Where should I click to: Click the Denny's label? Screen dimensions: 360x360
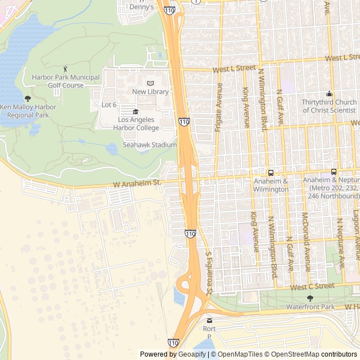click(141, 7)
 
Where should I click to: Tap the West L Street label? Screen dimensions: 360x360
click(233, 68)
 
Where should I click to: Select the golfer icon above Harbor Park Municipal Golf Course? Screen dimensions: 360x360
click(66, 69)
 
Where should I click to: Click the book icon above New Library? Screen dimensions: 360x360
click(150, 83)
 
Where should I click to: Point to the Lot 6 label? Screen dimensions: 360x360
click(109, 105)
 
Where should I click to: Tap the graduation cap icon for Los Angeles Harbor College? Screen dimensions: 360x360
click(136, 111)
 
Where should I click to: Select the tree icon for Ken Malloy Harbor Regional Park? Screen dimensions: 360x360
click(28, 98)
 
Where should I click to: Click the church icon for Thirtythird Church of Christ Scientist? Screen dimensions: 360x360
click(329, 93)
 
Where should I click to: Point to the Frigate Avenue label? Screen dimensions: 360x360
click(218, 107)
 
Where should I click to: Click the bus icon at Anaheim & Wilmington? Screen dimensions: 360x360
click(271, 173)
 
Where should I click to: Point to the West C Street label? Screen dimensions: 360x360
click(313, 287)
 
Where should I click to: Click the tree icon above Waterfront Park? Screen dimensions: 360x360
click(310, 298)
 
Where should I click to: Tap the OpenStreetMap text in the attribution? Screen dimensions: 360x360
click(292, 354)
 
